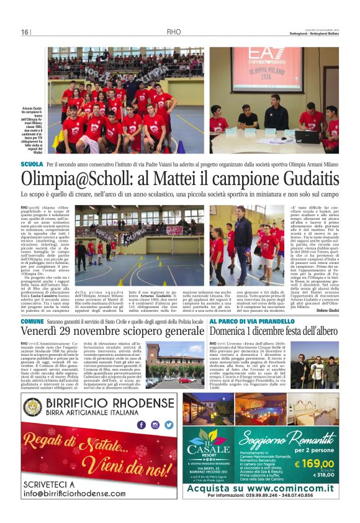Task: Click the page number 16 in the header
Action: coord(24,32)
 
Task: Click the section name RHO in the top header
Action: coord(174,32)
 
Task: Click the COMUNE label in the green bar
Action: coord(32,321)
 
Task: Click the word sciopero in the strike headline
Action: coord(142,333)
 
